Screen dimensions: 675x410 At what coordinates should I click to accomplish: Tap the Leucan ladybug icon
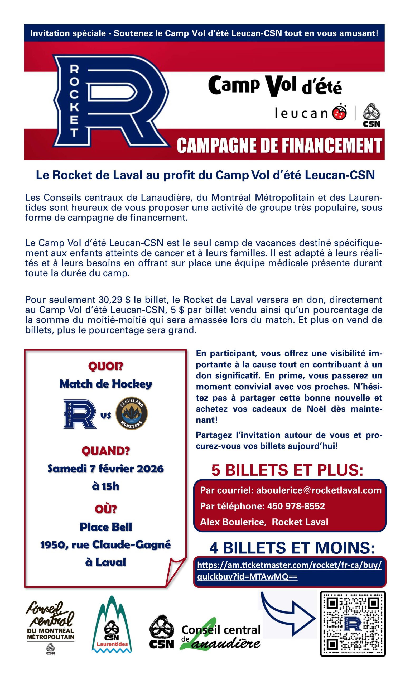click(339, 113)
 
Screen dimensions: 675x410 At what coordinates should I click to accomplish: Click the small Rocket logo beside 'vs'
click(80, 414)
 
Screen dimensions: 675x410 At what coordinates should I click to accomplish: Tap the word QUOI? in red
click(106, 366)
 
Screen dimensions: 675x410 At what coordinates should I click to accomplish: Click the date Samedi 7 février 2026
click(106, 469)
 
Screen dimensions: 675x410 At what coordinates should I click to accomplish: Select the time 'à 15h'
click(106, 486)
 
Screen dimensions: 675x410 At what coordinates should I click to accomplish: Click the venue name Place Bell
click(106, 527)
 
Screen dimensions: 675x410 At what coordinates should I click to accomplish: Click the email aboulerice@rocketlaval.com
click(319, 490)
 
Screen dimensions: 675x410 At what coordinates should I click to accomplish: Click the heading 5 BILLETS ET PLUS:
click(287, 470)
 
